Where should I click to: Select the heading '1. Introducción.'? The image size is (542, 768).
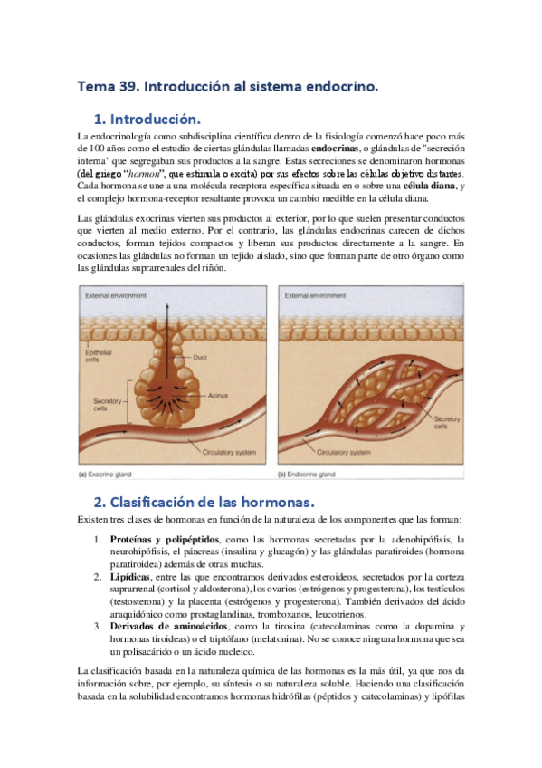coord(146,120)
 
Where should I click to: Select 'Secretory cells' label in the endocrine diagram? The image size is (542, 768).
coord(447,423)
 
